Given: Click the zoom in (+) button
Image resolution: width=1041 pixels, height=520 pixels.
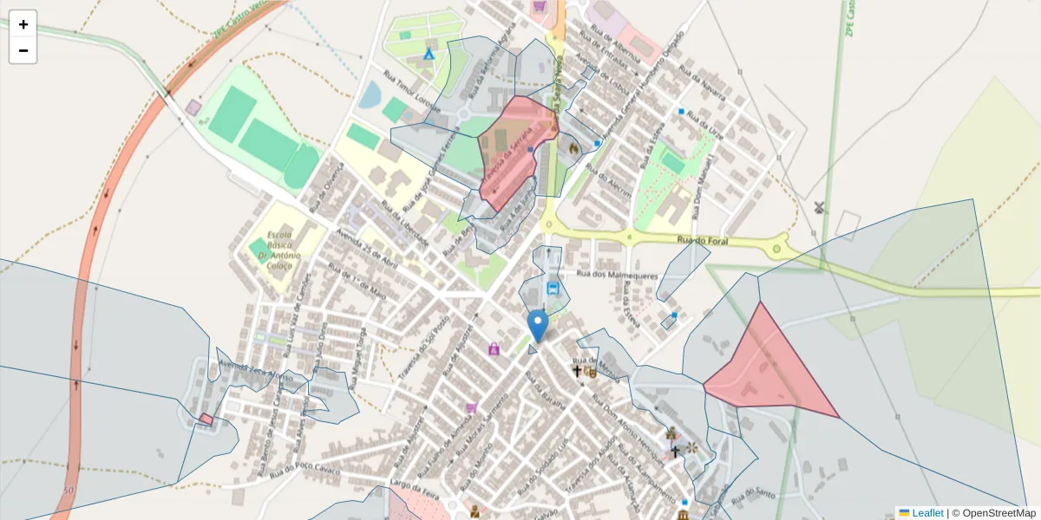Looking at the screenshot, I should tap(23, 24).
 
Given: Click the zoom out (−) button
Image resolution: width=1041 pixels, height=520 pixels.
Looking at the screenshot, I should tap(23, 50).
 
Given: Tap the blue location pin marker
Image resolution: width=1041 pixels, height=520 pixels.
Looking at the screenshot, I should tap(538, 326).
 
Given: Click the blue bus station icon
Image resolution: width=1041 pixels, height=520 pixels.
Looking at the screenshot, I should tap(553, 288).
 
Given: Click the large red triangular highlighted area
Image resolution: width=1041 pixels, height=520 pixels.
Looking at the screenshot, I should tap(764, 368).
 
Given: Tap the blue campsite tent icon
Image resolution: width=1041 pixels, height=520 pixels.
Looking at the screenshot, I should tap(428, 53).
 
